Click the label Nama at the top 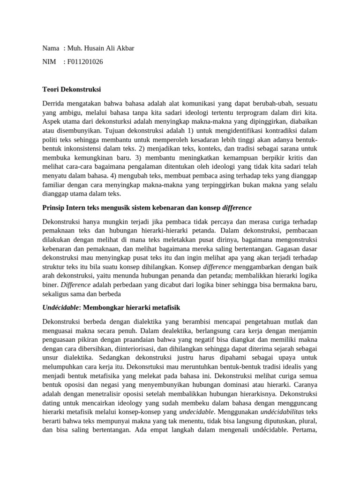(x=51, y=48)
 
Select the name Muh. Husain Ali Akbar (x=101, y=48)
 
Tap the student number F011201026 (x=85, y=61)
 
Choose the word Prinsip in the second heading (x=54, y=207)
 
